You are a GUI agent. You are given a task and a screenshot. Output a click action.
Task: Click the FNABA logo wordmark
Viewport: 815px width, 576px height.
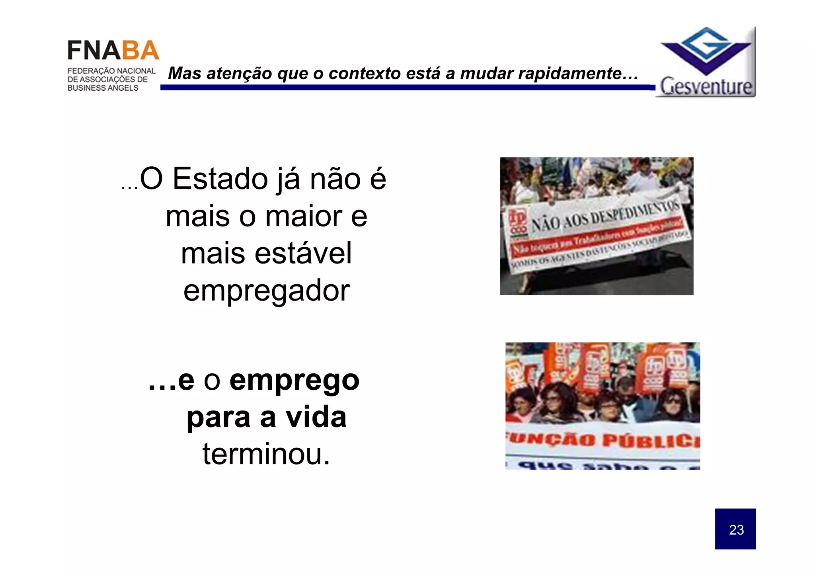pyautogui.click(x=113, y=51)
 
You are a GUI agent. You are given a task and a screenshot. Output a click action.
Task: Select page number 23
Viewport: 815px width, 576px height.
pyautogui.click(x=736, y=530)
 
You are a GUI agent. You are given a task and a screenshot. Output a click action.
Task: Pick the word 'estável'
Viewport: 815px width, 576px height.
pyautogui.click(x=303, y=253)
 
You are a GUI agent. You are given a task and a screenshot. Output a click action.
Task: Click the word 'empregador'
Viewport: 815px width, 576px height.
pyautogui.click(x=266, y=291)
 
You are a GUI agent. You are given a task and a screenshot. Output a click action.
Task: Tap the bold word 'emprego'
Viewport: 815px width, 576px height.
pyautogui.click(x=294, y=380)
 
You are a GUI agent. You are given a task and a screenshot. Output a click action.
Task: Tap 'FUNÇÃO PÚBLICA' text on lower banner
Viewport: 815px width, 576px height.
pyautogui.click(x=603, y=440)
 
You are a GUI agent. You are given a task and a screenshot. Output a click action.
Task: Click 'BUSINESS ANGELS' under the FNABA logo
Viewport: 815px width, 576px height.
pyautogui.click(x=103, y=88)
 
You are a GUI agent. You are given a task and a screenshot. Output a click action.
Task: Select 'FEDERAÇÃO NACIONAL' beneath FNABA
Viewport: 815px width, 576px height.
pyautogui.click(x=111, y=71)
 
